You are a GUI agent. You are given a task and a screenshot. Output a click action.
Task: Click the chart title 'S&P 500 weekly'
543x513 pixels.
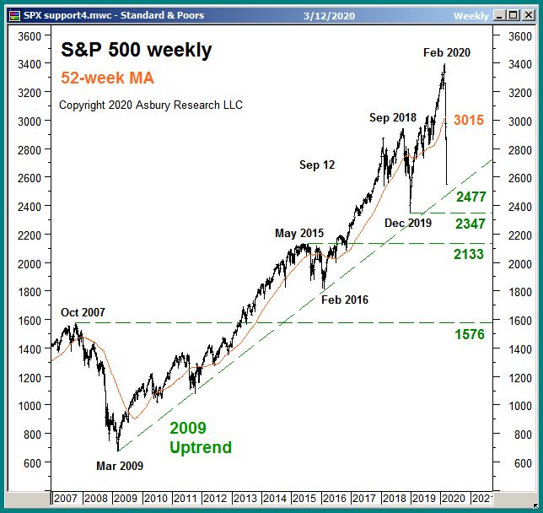pyautogui.click(x=137, y=51)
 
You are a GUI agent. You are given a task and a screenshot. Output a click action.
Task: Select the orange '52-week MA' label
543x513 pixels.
pyautogui.click(x=107, y=78)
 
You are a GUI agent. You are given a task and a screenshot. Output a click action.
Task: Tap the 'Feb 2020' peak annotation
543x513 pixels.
pyautogui.click(x=446, y=52)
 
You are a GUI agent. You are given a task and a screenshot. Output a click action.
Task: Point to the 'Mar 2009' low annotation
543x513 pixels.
pyautogui.click(x=119, y=466)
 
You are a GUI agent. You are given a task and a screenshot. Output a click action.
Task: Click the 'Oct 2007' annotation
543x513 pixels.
pyautogui.click(x=83, y=312)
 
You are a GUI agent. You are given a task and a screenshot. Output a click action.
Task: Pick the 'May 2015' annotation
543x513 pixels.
pyautogui.click(x=298, y=233)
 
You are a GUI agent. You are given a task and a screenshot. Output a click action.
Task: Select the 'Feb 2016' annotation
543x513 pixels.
pyautogui.click(x=344, y=300)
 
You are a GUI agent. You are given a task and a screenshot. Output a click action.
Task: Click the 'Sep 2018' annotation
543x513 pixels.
pyautogui.click(x=393, y=118)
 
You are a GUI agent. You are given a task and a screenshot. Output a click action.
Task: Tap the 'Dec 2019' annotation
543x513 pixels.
pyautogui.click(x=407, y=224)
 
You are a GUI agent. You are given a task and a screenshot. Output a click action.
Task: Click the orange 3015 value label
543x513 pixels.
pyautogui.click(x=468, y=121)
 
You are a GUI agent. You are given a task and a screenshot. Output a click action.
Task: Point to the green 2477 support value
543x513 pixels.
pyautogui.click(x=470, y=197)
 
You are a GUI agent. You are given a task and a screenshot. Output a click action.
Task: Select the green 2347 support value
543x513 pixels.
pyautogui.click(x=470, y=224)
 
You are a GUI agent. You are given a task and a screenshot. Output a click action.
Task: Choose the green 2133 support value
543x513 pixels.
pyautogui.click(x=468, y=254)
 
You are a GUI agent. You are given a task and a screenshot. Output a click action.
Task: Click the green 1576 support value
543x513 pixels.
pyautogui.click(x=469, y=335)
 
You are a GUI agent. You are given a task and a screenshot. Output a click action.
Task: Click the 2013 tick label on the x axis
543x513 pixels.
pyautogui.click(x=245, y=499)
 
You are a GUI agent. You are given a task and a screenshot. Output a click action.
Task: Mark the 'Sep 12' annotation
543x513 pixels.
pyautogui.click(x=317, y=165)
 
